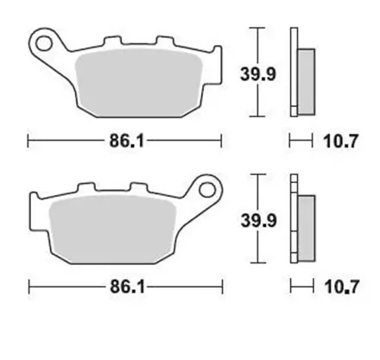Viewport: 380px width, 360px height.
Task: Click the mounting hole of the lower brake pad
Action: [207, 186]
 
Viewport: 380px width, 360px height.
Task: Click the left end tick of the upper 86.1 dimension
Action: [28, 139]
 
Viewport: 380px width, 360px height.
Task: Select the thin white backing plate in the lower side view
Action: [294, 218]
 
